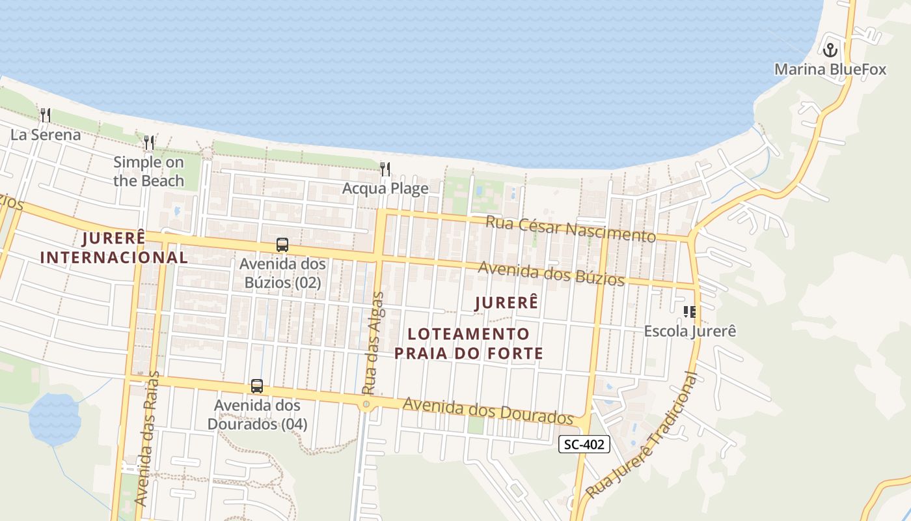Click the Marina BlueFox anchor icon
[x=830, y=49]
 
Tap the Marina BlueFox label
[x=830, y=69]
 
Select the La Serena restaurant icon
[x=46, y=115]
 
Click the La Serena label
[x=46, y=135]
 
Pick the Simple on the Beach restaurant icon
[x=149, y=142]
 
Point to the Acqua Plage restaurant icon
[x=385, y=169]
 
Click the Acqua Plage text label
[x=386, y=189]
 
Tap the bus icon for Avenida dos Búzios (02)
[x=282, y=245]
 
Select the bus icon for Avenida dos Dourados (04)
[x=257, y=386]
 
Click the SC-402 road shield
[x=584, y=444]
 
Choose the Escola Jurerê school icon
[x=690, y=311]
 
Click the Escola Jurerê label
[x=690, y=331]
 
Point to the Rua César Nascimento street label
[x=571, y=229]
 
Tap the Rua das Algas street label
[x=374, y=343]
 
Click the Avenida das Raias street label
[x=148, y=438]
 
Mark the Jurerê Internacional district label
[x=114, y=247]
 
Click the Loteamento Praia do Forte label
[x=469, y=343]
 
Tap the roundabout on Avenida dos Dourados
[x=366, y=404]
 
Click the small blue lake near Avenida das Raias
[x=55, y=418]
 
